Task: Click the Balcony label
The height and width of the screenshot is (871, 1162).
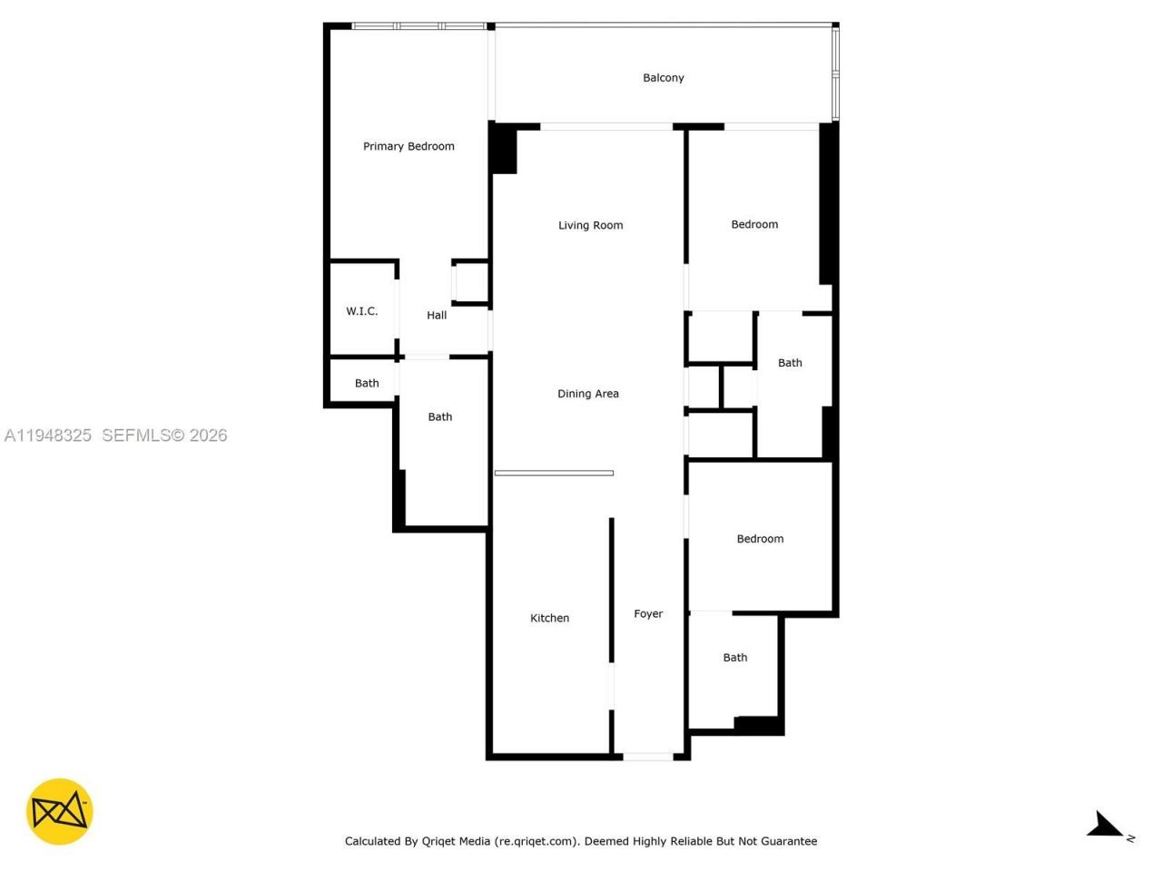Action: (663, 78)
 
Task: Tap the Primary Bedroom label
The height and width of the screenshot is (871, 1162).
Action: (409, 146)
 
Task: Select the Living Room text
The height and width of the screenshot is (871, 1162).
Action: (590, 225)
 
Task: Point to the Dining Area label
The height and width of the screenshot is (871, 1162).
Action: (587, 394)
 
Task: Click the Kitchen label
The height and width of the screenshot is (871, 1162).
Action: (549, 618)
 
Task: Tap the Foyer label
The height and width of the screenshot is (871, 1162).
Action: (648, 614)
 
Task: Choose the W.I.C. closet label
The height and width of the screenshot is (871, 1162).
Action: (361, 311)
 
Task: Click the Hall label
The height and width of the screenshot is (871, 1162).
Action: (437, 316)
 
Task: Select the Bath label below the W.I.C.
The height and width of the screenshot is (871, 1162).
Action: (367, 384)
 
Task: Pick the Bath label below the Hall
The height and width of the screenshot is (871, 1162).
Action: (440, 417)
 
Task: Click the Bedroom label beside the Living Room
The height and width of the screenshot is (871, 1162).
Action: (754, 224)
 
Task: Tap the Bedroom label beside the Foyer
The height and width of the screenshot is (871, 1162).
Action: (760, 539)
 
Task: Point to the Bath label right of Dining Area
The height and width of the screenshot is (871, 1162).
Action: (790, 363)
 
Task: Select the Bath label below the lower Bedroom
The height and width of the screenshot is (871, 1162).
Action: (735, 658)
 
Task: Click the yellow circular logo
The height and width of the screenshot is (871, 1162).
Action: (60, 811)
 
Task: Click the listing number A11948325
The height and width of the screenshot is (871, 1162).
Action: (48, 435)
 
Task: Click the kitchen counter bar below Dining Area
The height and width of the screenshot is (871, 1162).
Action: (554, 473)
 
